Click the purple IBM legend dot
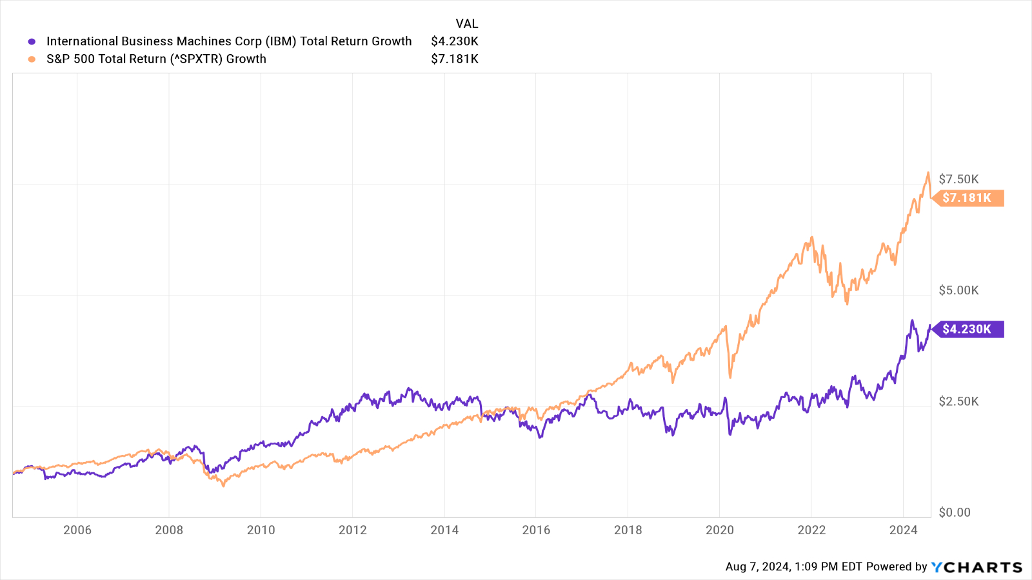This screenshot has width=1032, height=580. [32, 42]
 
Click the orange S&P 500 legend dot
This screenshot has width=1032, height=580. [32, 59]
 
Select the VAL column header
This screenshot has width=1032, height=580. [466, 24]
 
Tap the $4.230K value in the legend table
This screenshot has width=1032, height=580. [455, 41]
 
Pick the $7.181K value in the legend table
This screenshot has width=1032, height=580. [455, 59]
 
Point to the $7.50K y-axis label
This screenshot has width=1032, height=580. [958, 179]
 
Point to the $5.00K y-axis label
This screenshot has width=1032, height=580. [958, 290]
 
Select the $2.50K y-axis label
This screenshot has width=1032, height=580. [958, 401]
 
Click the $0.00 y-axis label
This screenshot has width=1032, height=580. [955, 512]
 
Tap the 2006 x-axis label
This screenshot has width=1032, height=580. [77, 530]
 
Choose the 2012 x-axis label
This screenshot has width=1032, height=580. [353, 530]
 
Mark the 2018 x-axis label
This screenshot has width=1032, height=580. [628, 530]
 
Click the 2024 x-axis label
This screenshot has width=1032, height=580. [903, 530]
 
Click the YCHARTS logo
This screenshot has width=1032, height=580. [977, 567]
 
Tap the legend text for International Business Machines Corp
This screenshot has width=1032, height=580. [229, 41]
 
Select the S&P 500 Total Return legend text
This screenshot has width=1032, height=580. [156, 59]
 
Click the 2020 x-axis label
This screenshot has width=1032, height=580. [720, 530]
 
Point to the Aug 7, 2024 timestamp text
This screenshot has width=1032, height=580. [793, 566]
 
